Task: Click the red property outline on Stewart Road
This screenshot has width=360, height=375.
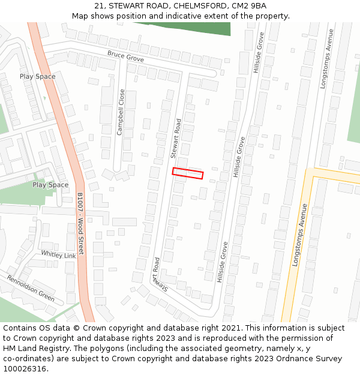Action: tap(188, 173)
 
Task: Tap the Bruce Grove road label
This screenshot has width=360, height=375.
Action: tap(125, 57)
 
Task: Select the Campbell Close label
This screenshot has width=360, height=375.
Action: tap(121, 112)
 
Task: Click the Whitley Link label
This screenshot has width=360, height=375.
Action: tap(58, 254)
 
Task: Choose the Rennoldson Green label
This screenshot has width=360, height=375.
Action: tap(31, 288)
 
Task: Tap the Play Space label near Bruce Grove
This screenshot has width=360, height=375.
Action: tap(37, 77)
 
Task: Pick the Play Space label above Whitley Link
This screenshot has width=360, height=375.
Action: tap(50, 185)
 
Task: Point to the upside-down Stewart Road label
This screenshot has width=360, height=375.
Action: tap(158, 275)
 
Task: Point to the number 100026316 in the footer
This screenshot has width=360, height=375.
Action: tap(25, 369)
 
